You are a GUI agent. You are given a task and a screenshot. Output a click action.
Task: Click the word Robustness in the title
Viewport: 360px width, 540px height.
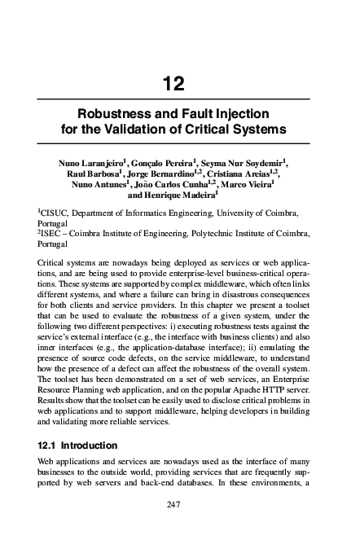(112, 115)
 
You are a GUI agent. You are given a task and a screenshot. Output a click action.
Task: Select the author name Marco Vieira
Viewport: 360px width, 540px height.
(259, 185)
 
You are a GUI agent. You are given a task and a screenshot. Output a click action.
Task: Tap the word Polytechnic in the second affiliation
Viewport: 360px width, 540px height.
(209, 234)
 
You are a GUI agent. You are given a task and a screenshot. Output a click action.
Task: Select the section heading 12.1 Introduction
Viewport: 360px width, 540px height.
(77, 446)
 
